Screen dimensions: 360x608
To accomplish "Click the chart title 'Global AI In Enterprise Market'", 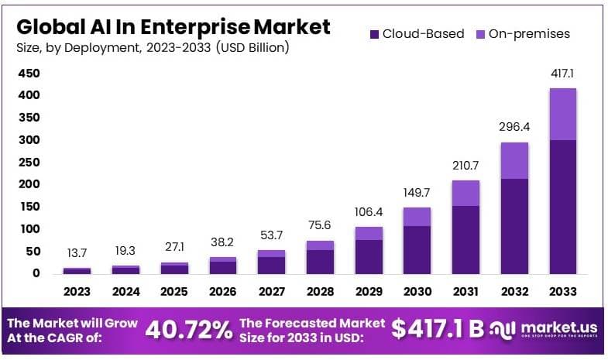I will pyautogui.click(x=173, y=26).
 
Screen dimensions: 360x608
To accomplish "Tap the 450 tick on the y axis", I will pyautogui.click(x=29, y=74).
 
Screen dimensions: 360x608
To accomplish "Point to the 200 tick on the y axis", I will pyautogui.click(x=29, y=184).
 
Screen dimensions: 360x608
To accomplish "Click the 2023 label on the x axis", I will pyautogui.click(x=77, y=292).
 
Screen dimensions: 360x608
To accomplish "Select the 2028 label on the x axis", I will pyautogui.click(x=320, y=292).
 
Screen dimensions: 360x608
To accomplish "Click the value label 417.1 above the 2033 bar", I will pyautogui.click(x=563, y=74).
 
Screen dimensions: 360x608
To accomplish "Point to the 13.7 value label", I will pyautogui.click(x=77, y=254).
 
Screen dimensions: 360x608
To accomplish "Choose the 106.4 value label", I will pyautogui.click(x=369, y=213).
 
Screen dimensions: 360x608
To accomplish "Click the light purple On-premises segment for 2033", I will pyautogui.click(x=563, y=114).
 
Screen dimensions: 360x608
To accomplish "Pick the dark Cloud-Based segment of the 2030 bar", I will pyautogui.click(x=417, y=249).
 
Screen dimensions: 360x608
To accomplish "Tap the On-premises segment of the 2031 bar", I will pyautogui.click(x=465, y=193).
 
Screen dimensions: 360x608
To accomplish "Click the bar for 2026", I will pyautogui.click(x=222, y=266).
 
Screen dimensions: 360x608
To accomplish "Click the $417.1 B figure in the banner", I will pyautogui.click(x=438, y=330).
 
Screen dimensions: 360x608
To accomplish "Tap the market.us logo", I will pyautogui.click(x=546, y=330).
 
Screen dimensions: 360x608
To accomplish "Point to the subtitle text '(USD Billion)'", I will pyautogui.click(x=252, y=48).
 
